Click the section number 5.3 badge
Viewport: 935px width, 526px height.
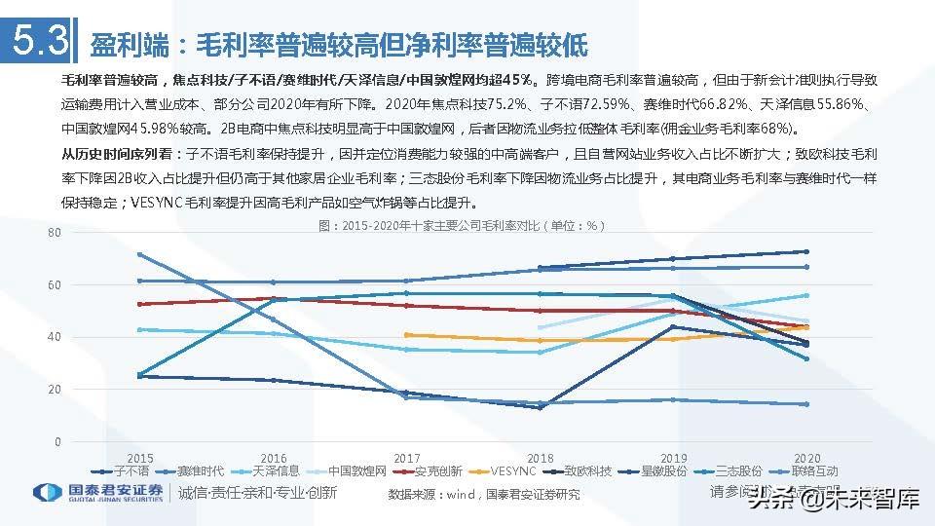pyautogui.click(x=38, y=42)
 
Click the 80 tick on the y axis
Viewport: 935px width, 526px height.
pyautogui.click(x=53, y=232)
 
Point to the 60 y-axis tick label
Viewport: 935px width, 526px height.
pyautogui.click(x=53, y=284)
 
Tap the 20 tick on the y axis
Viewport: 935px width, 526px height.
pyautogui.click(x=53, y=390)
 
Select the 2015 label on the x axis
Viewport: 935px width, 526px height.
pyautogui.click(x=139, y=457)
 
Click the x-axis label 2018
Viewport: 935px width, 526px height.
pyautogui.click(x=539, y=457)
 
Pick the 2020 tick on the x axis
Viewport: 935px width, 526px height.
pyautogui.click(x=805, y=457)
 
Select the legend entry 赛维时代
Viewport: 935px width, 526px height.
pyautogui.click(x=200, y=471)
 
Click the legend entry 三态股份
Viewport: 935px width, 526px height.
pyautogui.click(x=737, y=471)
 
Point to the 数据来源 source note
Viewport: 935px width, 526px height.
pyautogui.click(x=484, y=494)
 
